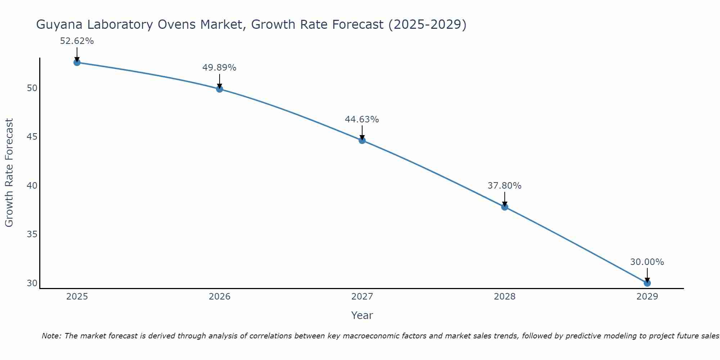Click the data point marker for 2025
coord(77,62)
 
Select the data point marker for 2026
coord(219,89)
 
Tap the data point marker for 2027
coord(362,140)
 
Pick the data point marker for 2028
coord(504,207)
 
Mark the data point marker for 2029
coord(647,283)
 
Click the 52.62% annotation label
coord(77,41)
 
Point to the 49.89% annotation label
coord(219,68)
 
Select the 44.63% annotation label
coord(362,119)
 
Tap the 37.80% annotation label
coord(504,186)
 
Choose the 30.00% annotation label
coord(647,262)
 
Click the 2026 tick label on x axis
coord(220,297)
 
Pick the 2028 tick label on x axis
coord(504,297)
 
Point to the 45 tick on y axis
coord(32,137)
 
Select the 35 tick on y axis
coord(32,234)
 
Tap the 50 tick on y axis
coord(32,88)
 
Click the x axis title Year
coord(362,315)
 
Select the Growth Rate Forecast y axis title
coord(9,172)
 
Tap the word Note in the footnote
coord(52,336)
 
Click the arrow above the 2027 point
coord(362,132)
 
